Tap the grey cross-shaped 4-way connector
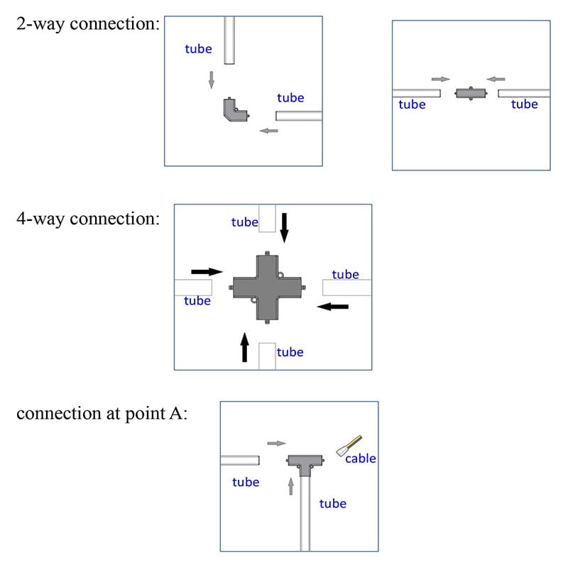pyautogui.click(x=267, y=287)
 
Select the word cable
pyautogui.click(x=361, y=459)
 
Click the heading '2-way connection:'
pyautogui.click(x=87, y=24)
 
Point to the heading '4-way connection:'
pyautogui.click(x=87, y=219)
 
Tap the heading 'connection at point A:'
pyautogui.click(x=102, y=414)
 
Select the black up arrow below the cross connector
pyautogui.click(x=245, y=347)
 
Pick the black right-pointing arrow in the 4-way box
pyautogui.click(x=207, y=271)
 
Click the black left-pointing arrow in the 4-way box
pyautogui.click(x=333, y=307)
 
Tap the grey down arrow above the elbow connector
pyautogui.click(x=211, y=79)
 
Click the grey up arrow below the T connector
pyautogui.click(x=290, y=486)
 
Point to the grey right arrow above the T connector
pyautogui.click(x=276, y=443)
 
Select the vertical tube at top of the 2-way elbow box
pyautogui.click(x=229, y=40)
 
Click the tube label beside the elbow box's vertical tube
pyautogui.click(x=198, y=49)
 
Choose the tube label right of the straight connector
pyautogui.click(x=525, y=104)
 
